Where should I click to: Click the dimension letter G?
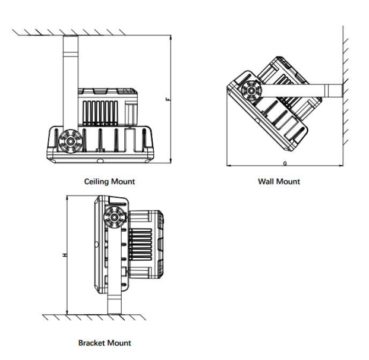click(x=285, y=162)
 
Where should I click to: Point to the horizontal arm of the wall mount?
click(x=297, y=90)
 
